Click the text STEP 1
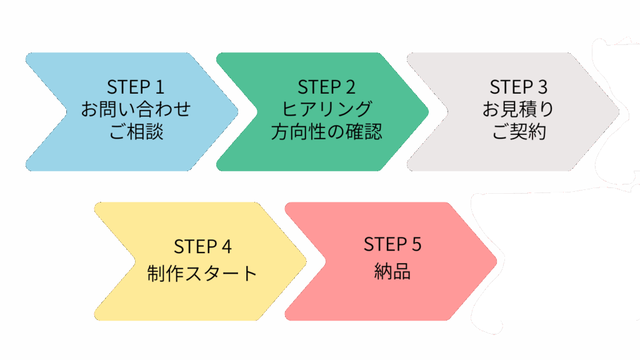136,86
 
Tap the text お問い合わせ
136,109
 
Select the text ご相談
136,132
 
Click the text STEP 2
327,86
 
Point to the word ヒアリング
327,109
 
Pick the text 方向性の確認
327,132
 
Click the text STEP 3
518,86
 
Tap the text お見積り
518,109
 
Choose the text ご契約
518,132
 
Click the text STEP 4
202,247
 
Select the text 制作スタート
202,273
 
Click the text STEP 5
392,244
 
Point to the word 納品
392,271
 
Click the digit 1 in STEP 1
159,86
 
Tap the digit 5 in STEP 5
417,244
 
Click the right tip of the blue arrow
238,112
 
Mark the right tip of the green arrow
429,112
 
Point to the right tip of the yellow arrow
307,261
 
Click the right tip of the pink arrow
497,261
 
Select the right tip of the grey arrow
619,112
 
